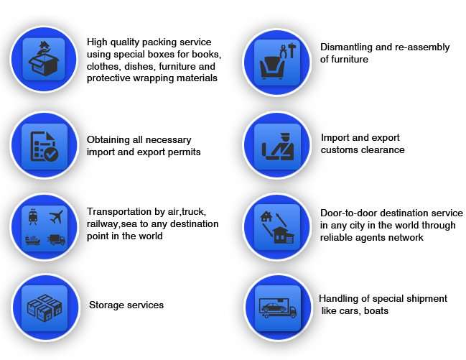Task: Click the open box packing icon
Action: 44,59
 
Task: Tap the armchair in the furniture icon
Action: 272,68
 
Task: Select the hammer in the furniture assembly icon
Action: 292,50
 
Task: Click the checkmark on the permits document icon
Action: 51,154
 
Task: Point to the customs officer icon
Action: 278,147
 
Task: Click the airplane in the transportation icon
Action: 56,216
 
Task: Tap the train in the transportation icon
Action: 33,216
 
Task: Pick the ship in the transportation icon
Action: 33,240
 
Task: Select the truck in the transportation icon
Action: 57,240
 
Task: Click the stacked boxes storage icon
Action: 45,308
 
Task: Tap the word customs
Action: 340,150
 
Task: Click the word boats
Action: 376,311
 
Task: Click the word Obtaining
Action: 109,140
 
